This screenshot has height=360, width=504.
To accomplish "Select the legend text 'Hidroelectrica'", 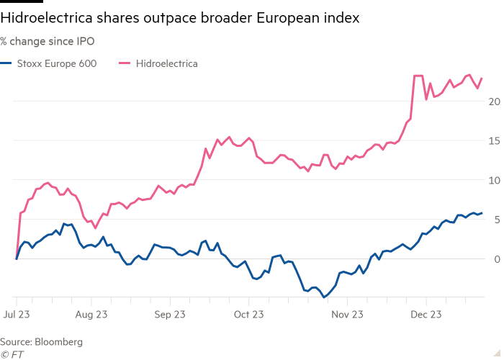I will click(x=167, y=63).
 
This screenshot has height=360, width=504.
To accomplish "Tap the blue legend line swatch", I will click(x=6, y=63).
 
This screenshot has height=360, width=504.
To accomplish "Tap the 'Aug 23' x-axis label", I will click(x=91, y=315).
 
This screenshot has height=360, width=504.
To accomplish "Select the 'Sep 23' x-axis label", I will click(x=171, y=315).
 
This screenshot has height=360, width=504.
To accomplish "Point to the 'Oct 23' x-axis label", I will click(x=248, y=315).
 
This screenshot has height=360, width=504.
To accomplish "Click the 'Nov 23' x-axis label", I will click(x=348, y=315).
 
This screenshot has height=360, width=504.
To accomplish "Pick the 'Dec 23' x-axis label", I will click(x=426, y=315).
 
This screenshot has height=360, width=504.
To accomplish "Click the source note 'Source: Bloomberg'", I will click(x=42, y=341).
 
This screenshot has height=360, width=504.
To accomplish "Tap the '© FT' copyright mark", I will click(x=12, y=353).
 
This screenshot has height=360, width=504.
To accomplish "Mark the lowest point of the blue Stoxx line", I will click(x=324, y=297).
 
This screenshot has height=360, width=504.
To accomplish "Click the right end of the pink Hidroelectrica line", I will click(x=482, y=78).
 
